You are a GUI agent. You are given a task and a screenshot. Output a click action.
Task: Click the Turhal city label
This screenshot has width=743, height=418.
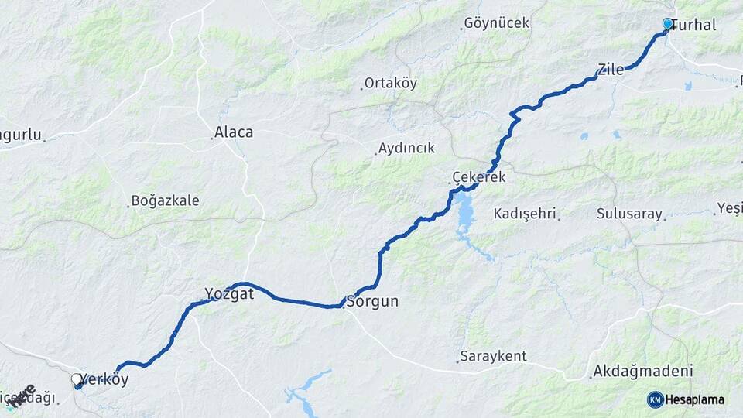(x=694, y=25)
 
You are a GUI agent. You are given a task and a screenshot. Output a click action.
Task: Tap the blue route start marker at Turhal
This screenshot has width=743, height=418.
(x=668, y=24)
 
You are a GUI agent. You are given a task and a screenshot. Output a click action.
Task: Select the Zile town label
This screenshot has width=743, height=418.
(x=611, y=69)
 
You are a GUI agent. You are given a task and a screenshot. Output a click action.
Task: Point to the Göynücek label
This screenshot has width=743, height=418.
(x=497, y=23)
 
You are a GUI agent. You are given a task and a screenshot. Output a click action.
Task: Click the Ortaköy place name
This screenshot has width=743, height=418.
(x=391, y=84)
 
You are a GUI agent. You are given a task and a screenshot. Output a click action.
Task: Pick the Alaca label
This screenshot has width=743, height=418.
(x=233, y=132)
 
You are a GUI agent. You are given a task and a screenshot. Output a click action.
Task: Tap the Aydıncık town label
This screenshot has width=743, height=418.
(x=406, y=148)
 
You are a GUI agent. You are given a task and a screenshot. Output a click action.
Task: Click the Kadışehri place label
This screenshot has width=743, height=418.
(x=526, y=214)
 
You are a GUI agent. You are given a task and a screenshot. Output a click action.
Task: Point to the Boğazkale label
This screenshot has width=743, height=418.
(x=165, y=201)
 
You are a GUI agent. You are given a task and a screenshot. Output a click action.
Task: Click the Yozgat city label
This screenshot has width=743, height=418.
(x=229, y=293)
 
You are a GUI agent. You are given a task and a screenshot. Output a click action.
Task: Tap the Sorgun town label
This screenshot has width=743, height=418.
(x=373, y=302)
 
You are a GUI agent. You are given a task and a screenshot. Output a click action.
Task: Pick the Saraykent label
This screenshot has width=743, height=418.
(x=493, y=357)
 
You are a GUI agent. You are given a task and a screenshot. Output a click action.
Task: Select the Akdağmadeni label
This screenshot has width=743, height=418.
(x=642, y=371)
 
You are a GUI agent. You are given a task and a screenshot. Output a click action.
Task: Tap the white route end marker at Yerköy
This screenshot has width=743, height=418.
(x=76, y=379)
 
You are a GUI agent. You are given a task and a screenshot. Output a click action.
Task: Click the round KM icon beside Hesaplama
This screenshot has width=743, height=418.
(x=655, y=399)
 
